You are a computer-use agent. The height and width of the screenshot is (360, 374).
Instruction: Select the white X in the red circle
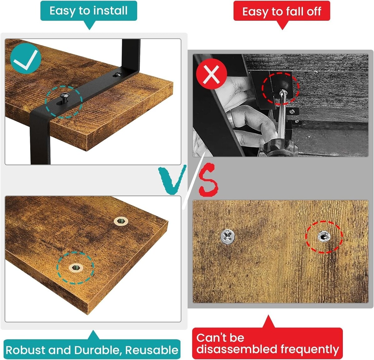(x=211, y=74)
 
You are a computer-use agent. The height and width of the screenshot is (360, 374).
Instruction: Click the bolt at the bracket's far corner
(x=118, y=74)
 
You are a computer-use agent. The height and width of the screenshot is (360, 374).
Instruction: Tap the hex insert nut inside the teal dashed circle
(x=76, y=267)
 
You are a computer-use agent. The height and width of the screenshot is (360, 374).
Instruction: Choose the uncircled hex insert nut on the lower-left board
(x=121, y=221)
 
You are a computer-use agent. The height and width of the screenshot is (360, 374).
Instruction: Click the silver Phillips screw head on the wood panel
(x=228, y=237)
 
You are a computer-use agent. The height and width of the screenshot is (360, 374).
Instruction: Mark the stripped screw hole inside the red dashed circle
(x=324, y=236)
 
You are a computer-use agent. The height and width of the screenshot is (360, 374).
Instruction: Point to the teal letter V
(x=172, y=180)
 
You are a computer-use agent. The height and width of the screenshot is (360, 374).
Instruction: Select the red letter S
(x=208, y=180)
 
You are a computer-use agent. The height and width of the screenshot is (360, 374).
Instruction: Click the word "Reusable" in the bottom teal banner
(x=152, y=350)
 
